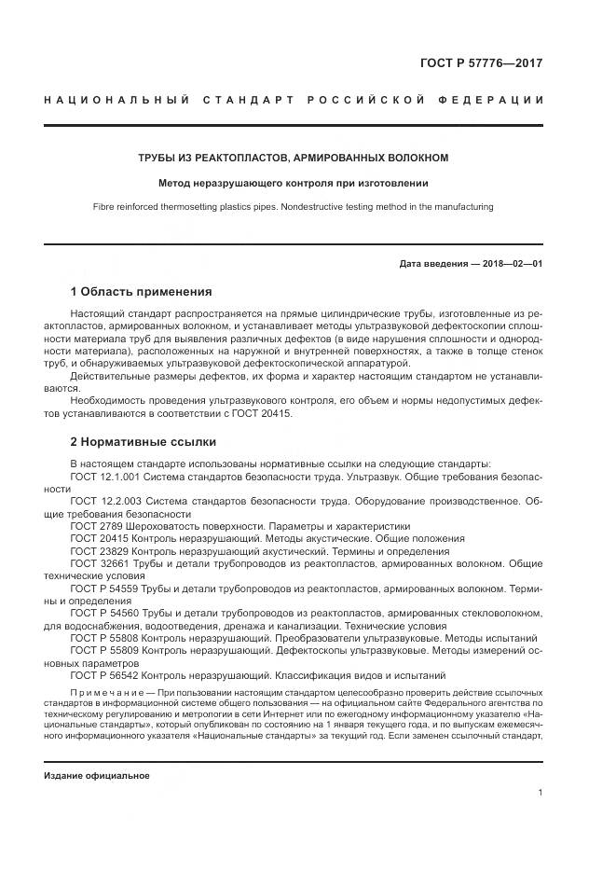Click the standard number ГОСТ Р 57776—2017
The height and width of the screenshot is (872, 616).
pyautogui.click(x=482, y=64)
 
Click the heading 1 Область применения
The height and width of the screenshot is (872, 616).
pyautogui.click(x=141, y=292)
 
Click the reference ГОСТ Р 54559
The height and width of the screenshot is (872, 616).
pyautogui.click(x=104, y=588)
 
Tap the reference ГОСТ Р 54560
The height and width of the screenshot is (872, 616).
pyautogui.click(x=104, y=613)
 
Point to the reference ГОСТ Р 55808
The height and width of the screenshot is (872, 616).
pyautogui.click(x=104, y=638)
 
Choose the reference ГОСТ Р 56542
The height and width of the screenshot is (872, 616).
pyautogui.click(x=104, y=675)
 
